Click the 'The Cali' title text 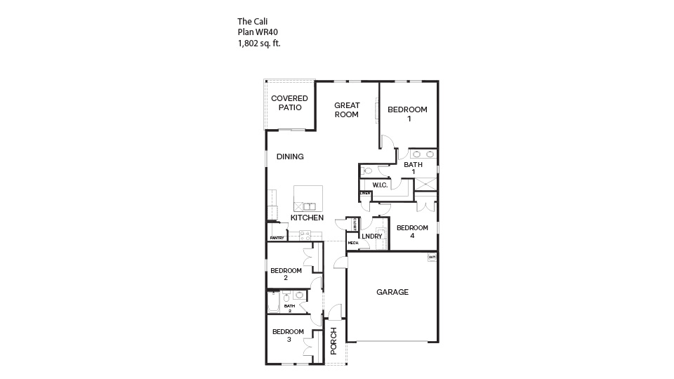pos(253,22)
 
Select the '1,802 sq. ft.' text pos(259,43)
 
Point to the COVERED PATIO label pos(289,103)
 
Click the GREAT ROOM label pos(347,109)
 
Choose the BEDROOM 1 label pos(408,114)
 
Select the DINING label pos(290,157)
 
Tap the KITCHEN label pos(308,218)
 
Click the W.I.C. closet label pos(381,185)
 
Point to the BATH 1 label pos(413,168)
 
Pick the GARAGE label pos(392,292)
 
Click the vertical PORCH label pos(334,340)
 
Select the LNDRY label pos(372,237)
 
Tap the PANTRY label pos(276,239)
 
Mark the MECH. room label pos(353,244)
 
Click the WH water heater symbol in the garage pos(432,257)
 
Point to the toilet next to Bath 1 pos(366,171)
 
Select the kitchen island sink pos(310,206)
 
